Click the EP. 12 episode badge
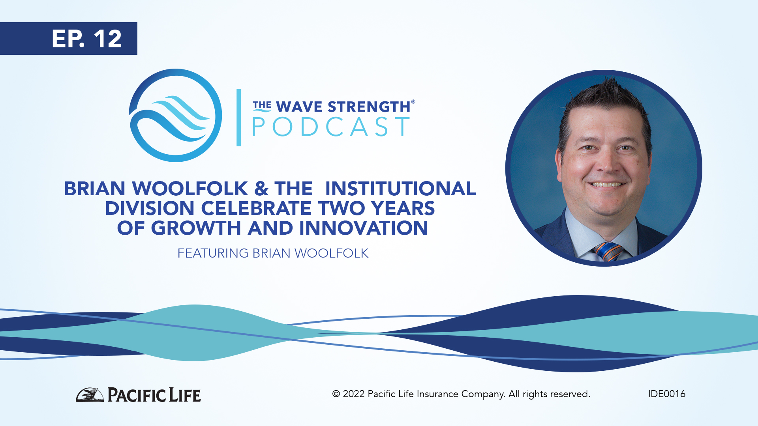coord(69,38)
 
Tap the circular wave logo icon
coord(175,115)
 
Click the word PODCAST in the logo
coord(331,127)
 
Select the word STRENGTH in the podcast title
coord(369,106)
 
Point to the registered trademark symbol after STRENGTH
coord(413,101)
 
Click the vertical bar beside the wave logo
coord(238,118)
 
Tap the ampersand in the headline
coord(261,189)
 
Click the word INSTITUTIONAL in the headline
coord(400,189)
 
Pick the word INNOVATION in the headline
coord(364,228)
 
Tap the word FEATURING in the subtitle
coord(213,253)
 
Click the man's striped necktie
coord(608,252)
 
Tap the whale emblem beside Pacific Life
coord(90,394)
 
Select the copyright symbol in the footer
coord(336,394)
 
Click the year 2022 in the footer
coord(354,394)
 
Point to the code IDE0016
coord(666,394)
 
